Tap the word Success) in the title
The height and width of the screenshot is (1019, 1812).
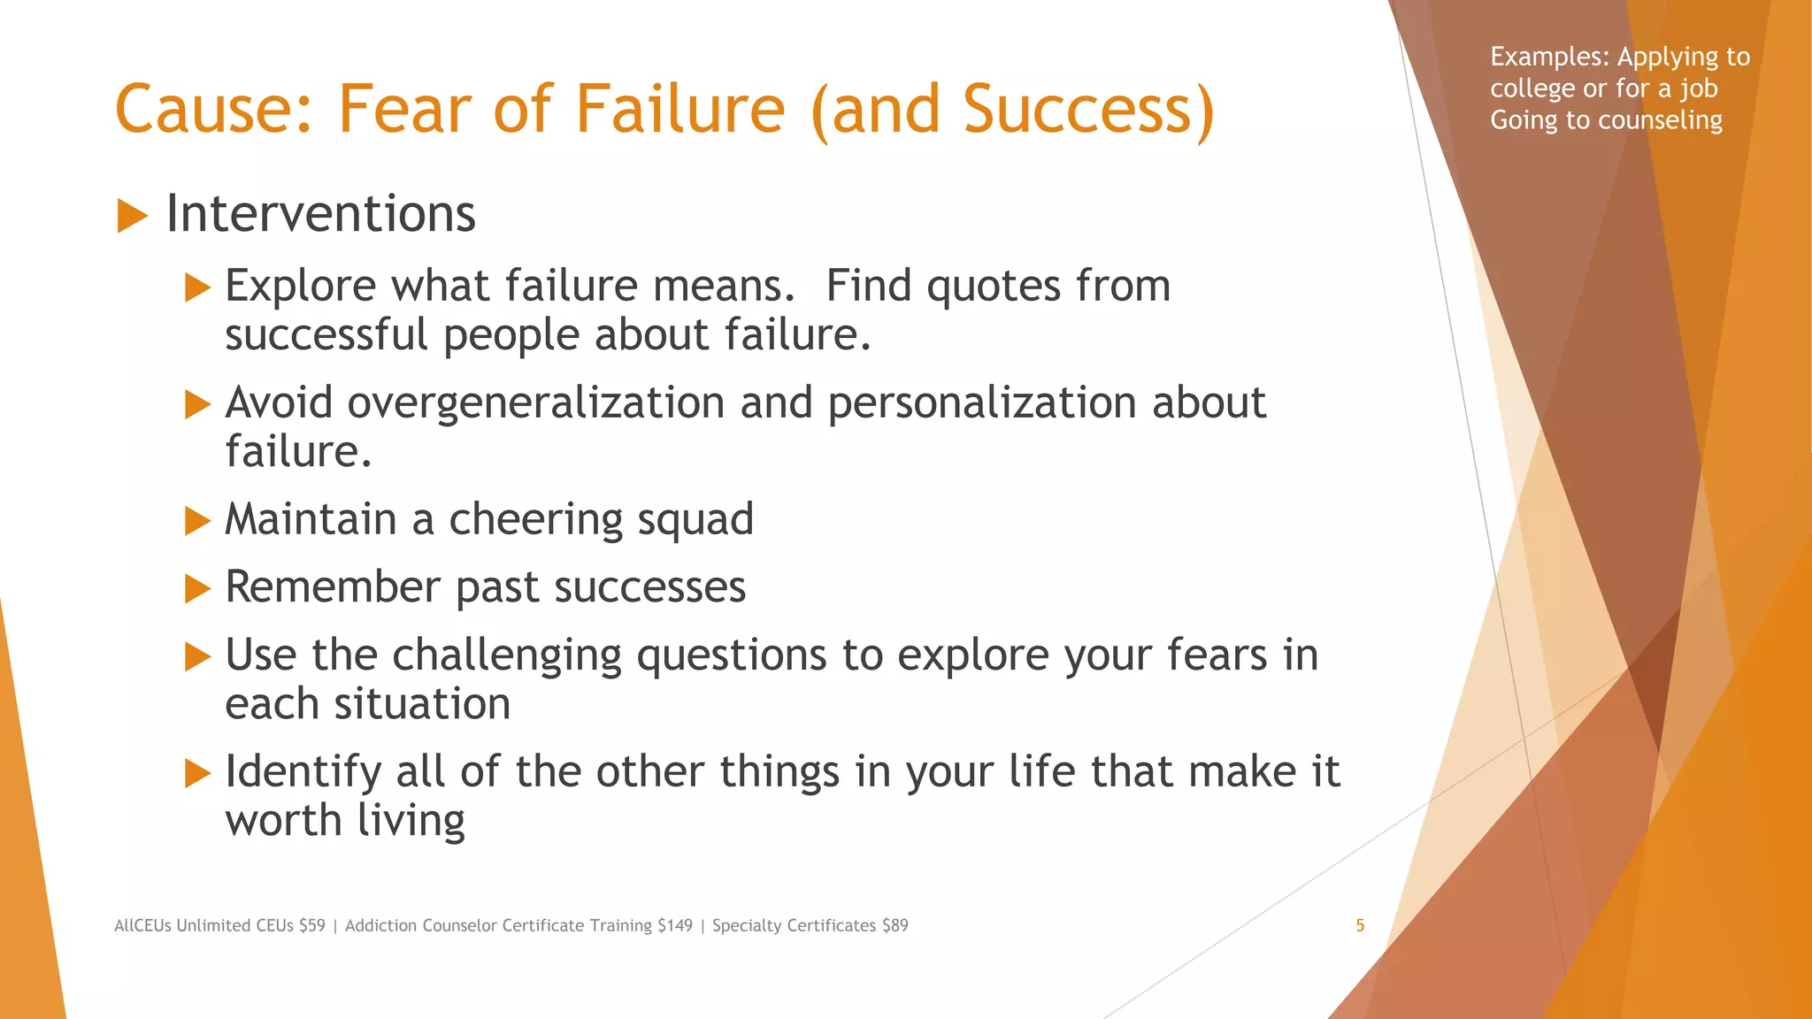[x=1088, y=110]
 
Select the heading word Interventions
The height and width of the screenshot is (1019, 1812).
[x=320, y=215]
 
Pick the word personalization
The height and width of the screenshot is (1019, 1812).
[x=982, y=403]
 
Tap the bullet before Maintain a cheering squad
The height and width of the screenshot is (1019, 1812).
[x=197, y=521]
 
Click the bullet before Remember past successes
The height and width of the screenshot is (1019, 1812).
[x=197, y=589]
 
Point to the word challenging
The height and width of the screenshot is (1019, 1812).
[x=507, y=656]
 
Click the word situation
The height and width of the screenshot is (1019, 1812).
[x=422, y=705]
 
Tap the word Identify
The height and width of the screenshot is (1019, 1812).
[x=303, y=772]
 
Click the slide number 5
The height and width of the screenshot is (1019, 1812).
[x=1360, y=926]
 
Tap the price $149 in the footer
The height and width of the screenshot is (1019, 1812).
[x=675, y=926]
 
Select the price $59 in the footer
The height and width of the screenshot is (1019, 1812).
[x=311, y=926]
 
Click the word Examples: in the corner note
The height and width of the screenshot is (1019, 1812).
[x=1549, y=57]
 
